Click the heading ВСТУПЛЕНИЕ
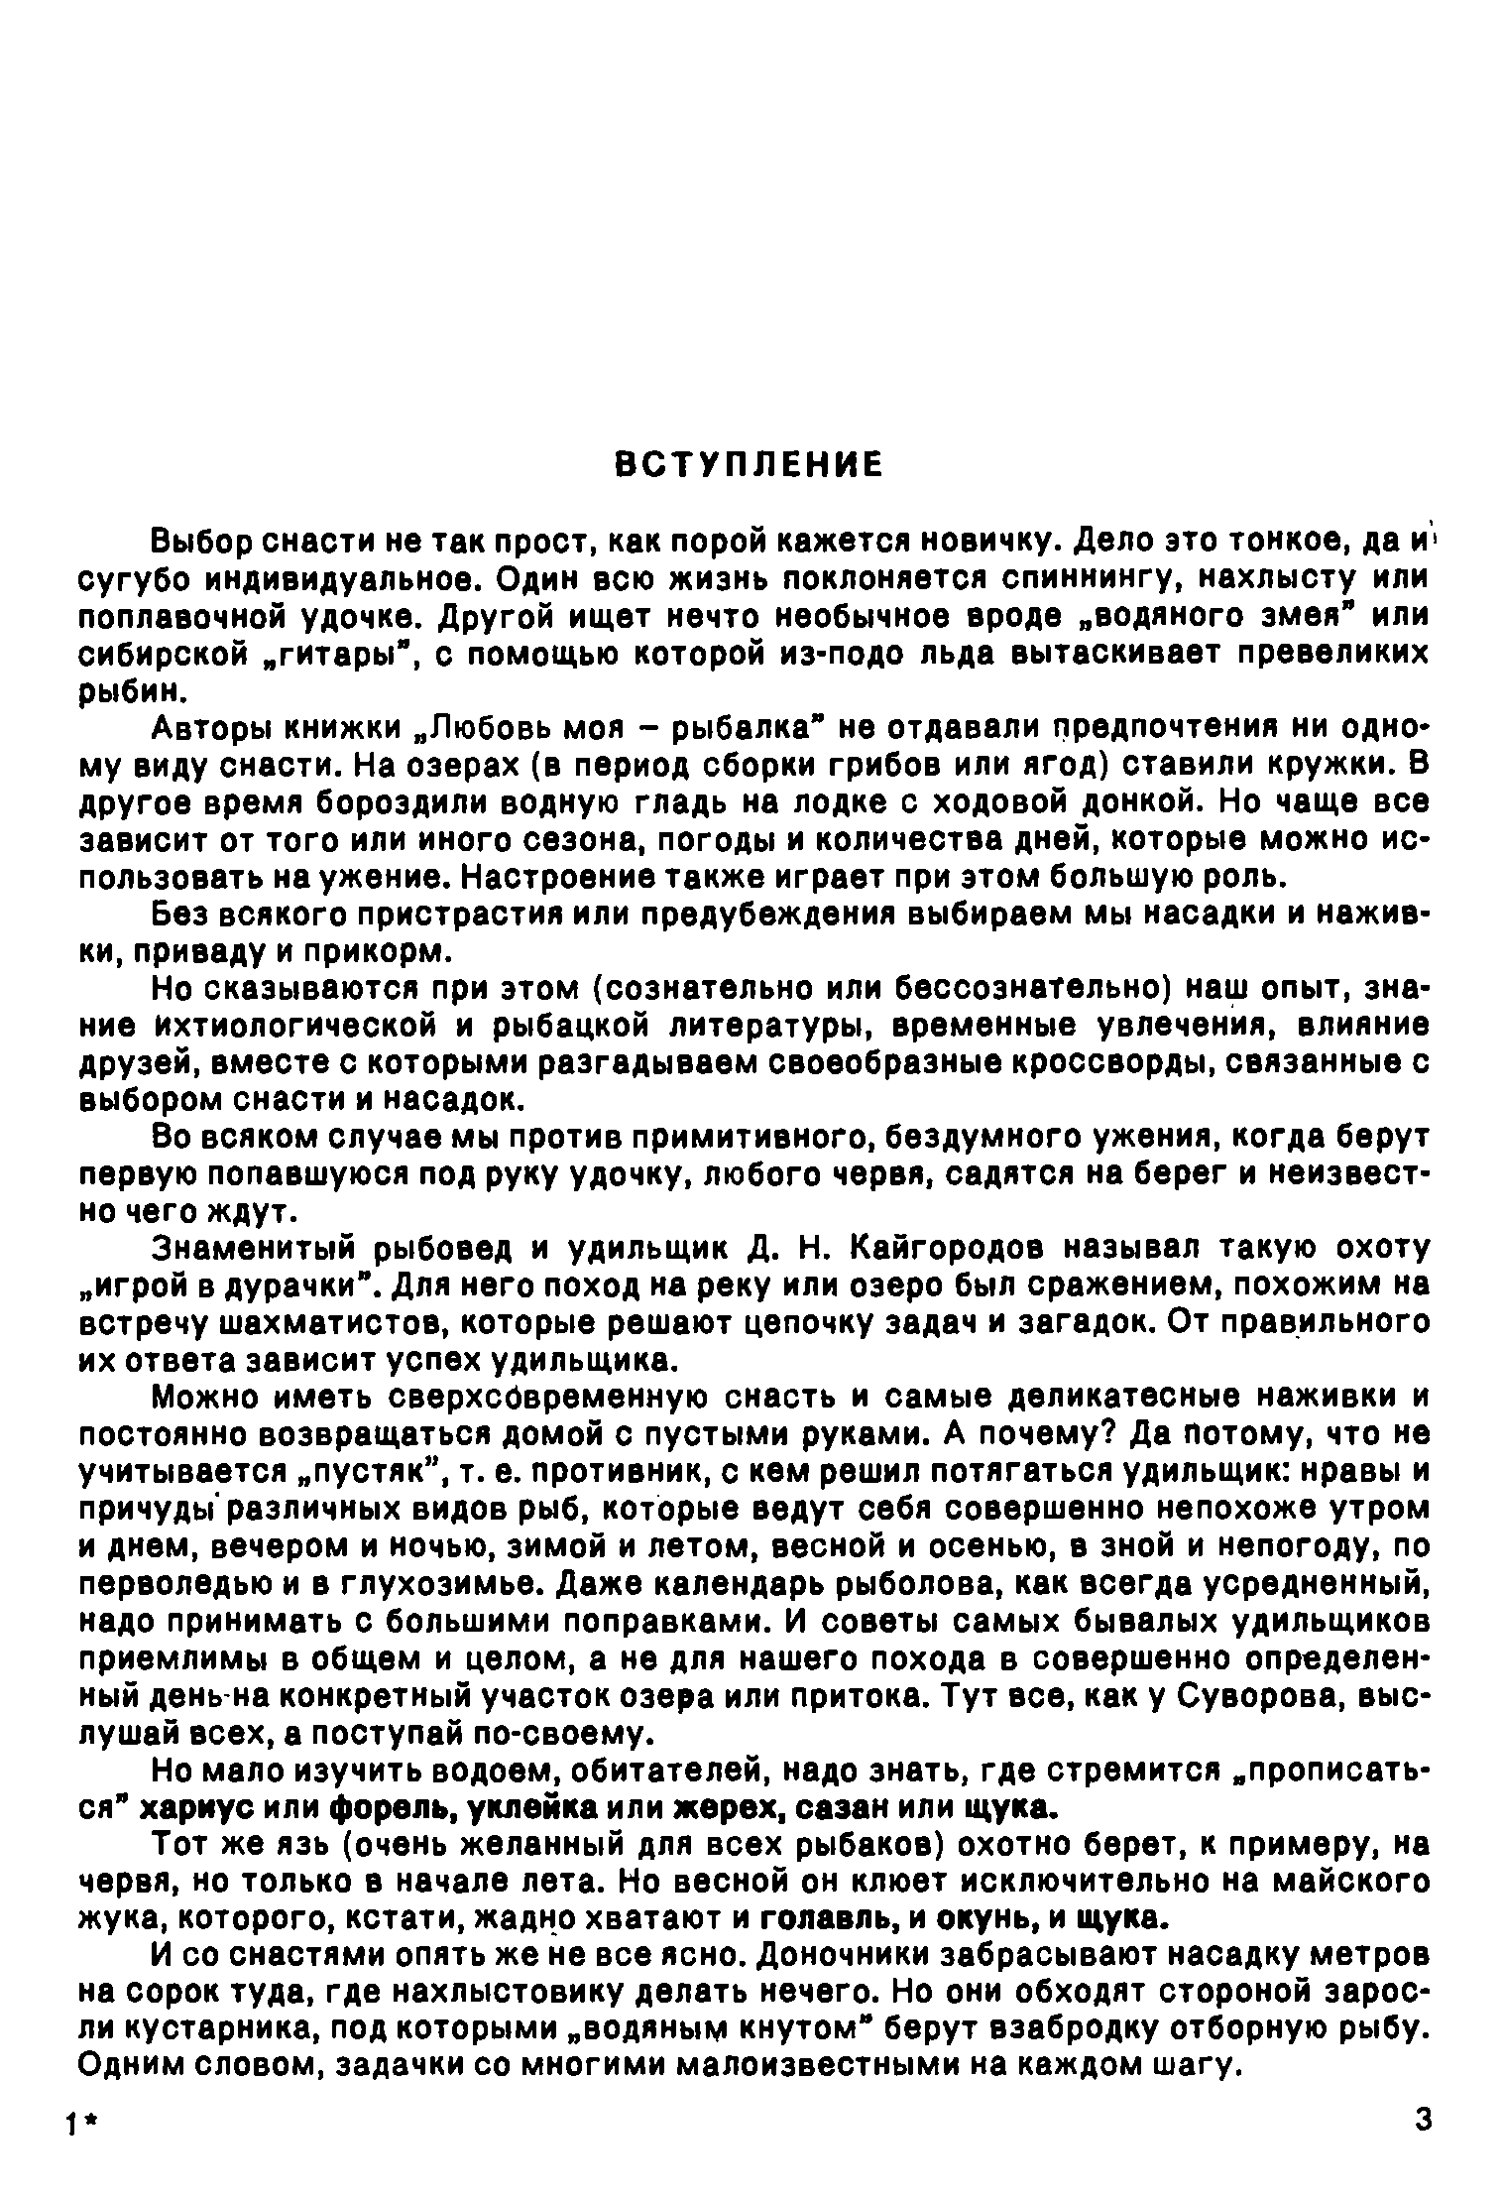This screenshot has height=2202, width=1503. click(x=749, y=463)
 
